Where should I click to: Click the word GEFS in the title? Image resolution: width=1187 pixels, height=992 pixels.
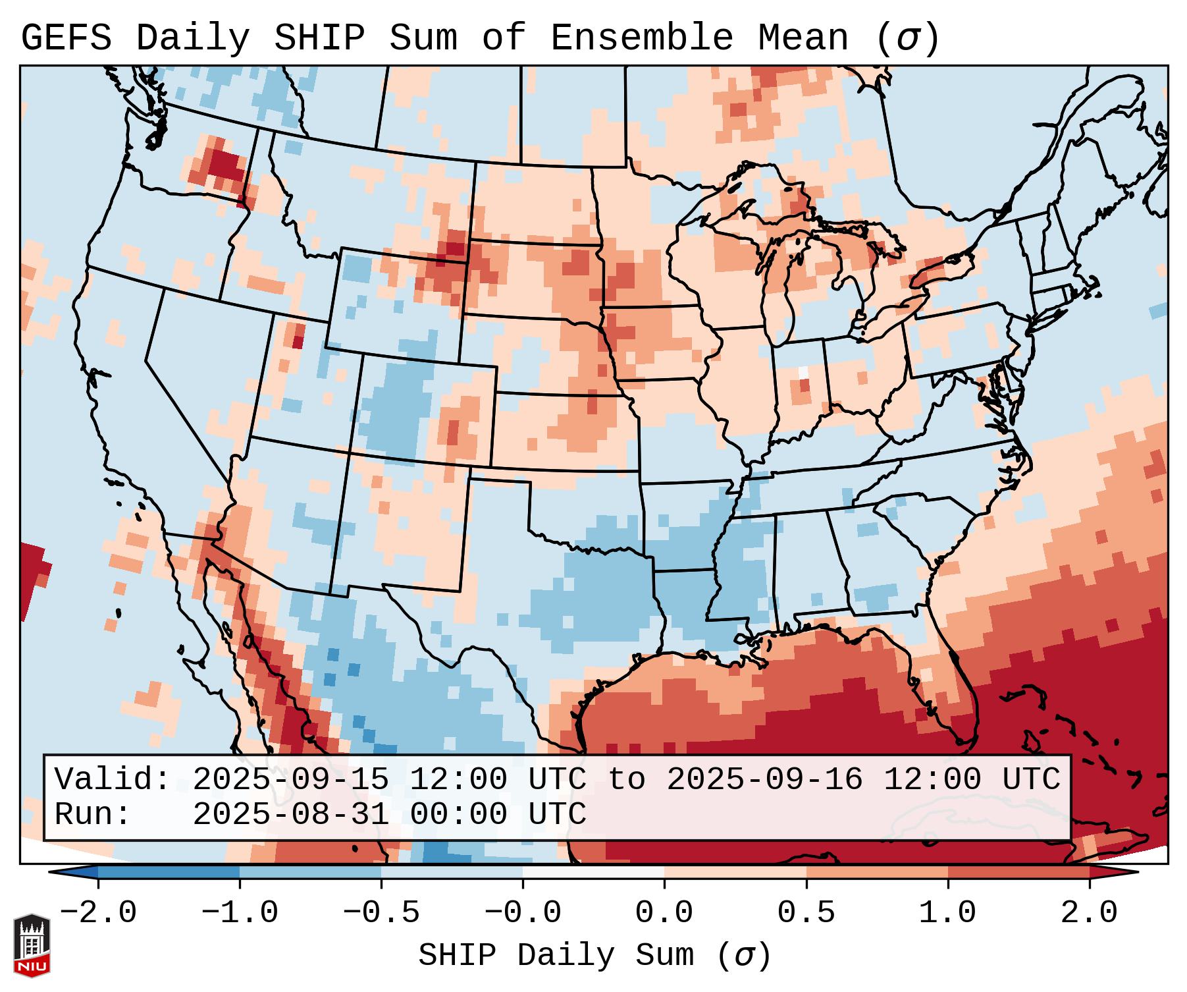[x=66, y=38]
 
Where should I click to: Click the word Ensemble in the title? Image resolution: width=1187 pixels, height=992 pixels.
[x=641, y=38]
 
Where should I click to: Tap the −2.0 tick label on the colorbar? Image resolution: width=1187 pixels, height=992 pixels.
[x=98, y=913]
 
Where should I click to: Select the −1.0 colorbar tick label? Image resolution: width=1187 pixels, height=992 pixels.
[x=240, y=913]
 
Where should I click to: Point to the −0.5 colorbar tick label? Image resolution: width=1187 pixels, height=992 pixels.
[x=381, y=913]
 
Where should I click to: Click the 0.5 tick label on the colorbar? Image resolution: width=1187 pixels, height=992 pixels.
[x=806, y=913]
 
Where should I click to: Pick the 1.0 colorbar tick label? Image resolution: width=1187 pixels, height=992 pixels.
[x=947, y=913]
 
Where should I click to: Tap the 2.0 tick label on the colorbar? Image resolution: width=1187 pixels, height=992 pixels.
[x=1089, y=913]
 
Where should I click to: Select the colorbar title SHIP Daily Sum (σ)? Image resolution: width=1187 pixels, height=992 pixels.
[x=594, y=956]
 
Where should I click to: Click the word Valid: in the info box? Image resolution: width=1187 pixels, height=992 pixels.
[x=112, y=780]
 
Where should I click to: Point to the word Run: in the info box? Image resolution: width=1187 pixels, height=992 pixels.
[x=92, y=815]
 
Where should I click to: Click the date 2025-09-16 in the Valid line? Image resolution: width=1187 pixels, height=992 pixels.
[x=764, y=780]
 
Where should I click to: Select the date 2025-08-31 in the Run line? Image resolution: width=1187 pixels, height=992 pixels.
[x=290, y=815]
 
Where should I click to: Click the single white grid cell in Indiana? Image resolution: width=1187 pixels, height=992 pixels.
[x=803, y=372]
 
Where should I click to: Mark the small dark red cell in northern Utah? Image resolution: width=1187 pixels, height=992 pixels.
[x=298, y=342]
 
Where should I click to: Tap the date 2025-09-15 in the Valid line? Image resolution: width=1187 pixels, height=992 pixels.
[x=290, y=780]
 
